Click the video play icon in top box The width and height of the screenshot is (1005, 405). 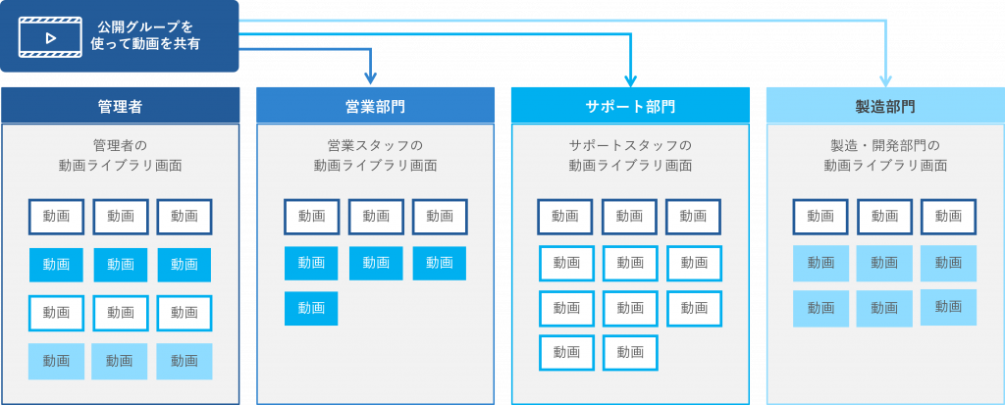tap(51, 38)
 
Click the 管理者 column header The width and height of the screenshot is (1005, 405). tap(120, 105)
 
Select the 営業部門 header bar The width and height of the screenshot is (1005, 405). tap(376, 105)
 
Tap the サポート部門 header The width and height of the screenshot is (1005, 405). tap(630, 105)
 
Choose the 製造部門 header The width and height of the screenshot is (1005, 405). tap(885, 105)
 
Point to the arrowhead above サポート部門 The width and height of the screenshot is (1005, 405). tap(630, 80)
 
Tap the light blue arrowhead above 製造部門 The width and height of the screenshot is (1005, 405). tap(886, 80)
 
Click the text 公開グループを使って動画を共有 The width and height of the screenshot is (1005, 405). tap(145, 36)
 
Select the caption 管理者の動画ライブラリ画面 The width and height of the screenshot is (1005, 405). tap(120, 155)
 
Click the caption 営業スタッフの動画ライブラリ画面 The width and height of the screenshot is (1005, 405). tap(376, 155)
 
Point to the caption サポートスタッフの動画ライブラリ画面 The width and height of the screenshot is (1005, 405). tap(630, 155)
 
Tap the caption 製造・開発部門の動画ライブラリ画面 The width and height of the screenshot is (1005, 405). tap(885, 155)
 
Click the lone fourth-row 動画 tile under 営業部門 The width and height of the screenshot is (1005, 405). tap(311, 308)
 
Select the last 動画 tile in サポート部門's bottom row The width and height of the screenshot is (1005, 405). tap(630, 352)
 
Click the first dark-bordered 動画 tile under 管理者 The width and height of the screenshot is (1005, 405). tap(56, 217)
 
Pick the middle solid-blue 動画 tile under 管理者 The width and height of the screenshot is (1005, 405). tap(121, 265)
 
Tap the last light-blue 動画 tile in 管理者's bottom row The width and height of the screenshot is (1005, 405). tap(184, 362)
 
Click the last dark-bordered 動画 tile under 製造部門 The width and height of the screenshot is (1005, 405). tap(949, 217)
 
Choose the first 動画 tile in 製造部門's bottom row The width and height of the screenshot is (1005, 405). tap(820, 309)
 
